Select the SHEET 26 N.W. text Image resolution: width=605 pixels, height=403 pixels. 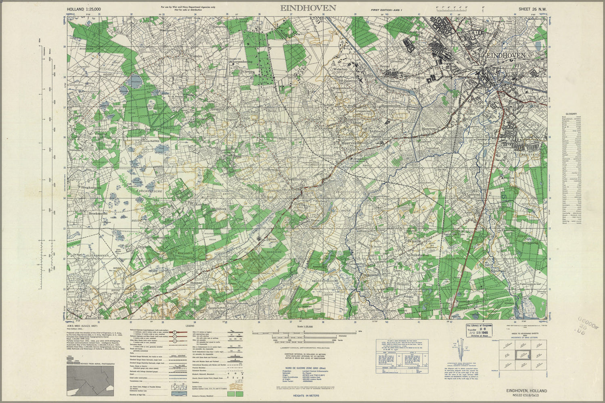pyautogui.click(x=533, y=8)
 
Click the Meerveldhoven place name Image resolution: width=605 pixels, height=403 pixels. pyautogui.click(x=351, y=142)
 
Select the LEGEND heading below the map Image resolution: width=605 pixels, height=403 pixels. pyautogui.click(x=190, y=326)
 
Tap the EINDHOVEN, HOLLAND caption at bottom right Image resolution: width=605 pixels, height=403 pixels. pyautogui.click(x=527, y=391)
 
